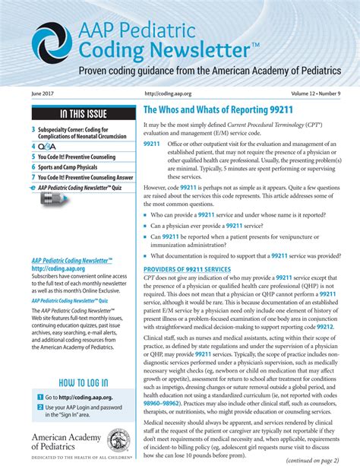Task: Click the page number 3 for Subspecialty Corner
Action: pyautogui.click(x=33, y=130)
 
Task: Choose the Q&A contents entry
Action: pyautogui.click(x=46, y=146)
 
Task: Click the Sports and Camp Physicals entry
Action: pyautogui.click(x=75, y=166)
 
